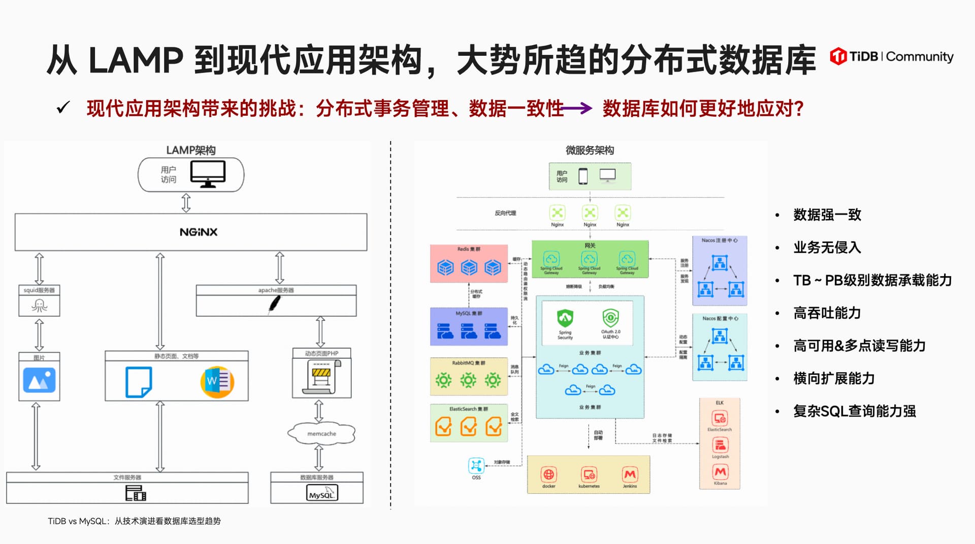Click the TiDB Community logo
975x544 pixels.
pyautogui.click(x=891, y=56)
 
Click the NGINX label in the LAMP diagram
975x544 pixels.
pyautogui.click(x=199, y=232)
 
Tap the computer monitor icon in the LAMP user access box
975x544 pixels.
pyautogui.click(x=208, y=174)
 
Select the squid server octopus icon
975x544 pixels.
pyautogui.click(x=39, y=305)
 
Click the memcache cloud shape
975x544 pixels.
pyautogui.click(x=321, y=433)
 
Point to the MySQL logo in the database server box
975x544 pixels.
pyautogui.click(x=322, y=493)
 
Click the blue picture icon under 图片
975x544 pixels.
pyautogui.click(x=39, y=381)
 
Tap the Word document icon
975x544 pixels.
pyautogui.click(x=217, y=382)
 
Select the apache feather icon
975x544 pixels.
pyautogui.click(x=274, y=304)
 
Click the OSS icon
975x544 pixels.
pyautogui.click(x=476, y=465)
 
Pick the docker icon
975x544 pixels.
pyautogui.click(x=548, y=474)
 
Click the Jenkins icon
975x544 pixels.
pyautogui.click(x=630, y=474)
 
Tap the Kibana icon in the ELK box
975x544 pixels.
pyautogui.click(x=720, y=472)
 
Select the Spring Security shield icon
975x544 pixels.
pyautogui.click(x=565, y=318)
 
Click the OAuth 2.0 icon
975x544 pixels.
pyautogui.click(x=610, y=318)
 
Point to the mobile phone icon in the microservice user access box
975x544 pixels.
pyautogui.click(x=583, y=176)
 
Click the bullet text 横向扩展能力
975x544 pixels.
pyautogui.click(x=834, y=379)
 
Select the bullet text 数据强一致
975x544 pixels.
pyautogui.click(x=827, y=215)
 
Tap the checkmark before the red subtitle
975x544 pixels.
pyautogui.click(x=63, y=108)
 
